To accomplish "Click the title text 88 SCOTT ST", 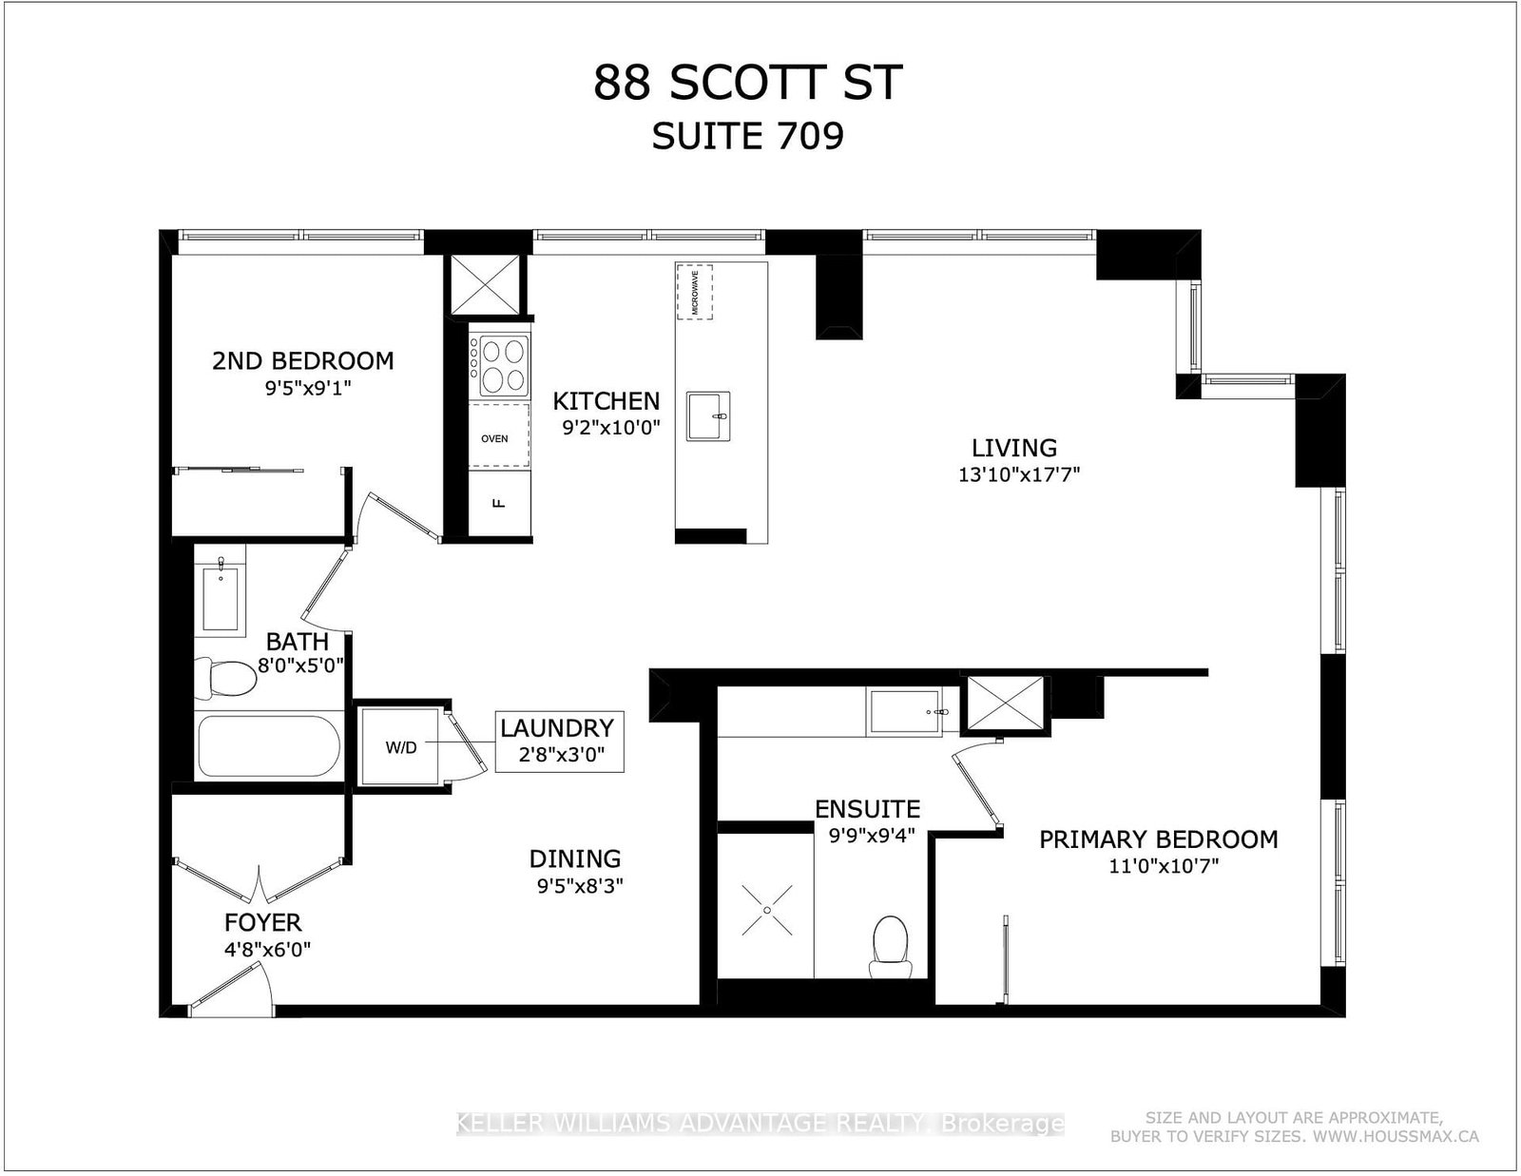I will (x=747, y=84).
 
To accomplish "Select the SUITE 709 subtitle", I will (x=747, y=137).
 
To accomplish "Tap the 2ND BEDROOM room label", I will (x=302, y=361).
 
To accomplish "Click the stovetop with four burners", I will (x=503, y=366).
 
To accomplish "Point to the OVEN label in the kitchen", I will (x=495, y=438).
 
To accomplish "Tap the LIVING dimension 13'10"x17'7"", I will (x=1019, y=474).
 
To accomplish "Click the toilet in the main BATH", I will (x=226, y=678).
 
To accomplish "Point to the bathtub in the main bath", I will (x=268, y=746).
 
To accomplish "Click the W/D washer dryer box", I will (x=400, y=747).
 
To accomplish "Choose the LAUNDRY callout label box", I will (x=558, y=742).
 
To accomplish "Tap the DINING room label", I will (x=575, y=859).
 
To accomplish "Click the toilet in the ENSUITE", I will (x=891, y=944).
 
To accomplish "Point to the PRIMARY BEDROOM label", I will (x=1158, y=839).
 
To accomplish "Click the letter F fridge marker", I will (x=496, y=503).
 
